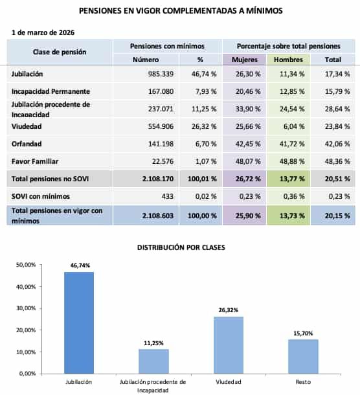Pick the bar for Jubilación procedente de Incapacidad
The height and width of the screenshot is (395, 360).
[154, 361]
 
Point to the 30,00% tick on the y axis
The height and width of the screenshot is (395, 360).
[26, 308]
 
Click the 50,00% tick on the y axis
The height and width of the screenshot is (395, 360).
[26, 264]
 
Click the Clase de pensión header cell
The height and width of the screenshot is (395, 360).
[60, 52]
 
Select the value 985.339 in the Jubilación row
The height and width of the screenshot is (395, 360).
[155, 75]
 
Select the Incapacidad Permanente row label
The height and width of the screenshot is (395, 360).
[51, 91]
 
